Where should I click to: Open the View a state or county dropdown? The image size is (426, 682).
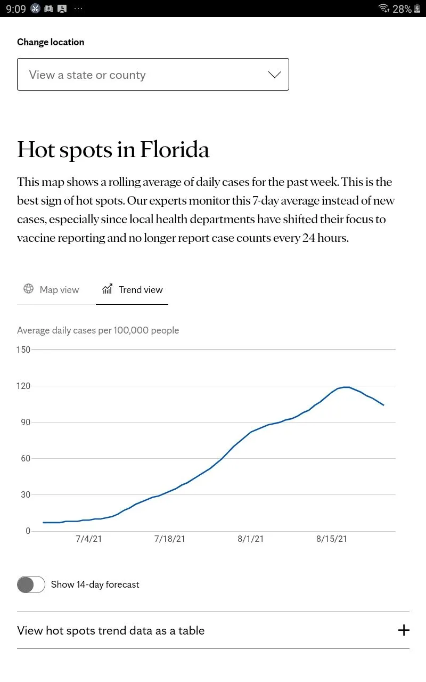[x=153, y=75]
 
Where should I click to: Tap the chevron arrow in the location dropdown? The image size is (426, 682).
[x=274, y=75]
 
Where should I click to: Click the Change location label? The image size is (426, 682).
[x=51, y=42]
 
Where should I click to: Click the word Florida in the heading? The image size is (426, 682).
[x=175, y=150]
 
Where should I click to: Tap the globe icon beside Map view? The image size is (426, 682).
[x=28, y=289]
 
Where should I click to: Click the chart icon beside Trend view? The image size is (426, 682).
[x=108, y=289]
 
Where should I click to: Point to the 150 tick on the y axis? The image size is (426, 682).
[x=23, y=350]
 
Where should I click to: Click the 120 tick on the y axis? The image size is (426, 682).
[x=23, y=386]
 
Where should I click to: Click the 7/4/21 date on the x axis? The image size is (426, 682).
[x=89, y=539]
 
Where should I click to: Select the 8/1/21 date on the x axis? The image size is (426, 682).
[x=250, y=539]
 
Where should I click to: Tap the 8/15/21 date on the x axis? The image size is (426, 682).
[x=331, y=539]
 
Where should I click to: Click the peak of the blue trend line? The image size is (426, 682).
[x=346, y=387]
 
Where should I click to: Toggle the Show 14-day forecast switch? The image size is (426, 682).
[x=31, y=584]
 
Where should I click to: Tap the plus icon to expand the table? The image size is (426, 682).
[x=404, y=630]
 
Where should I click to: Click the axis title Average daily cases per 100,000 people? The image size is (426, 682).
[x=98, y=330]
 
